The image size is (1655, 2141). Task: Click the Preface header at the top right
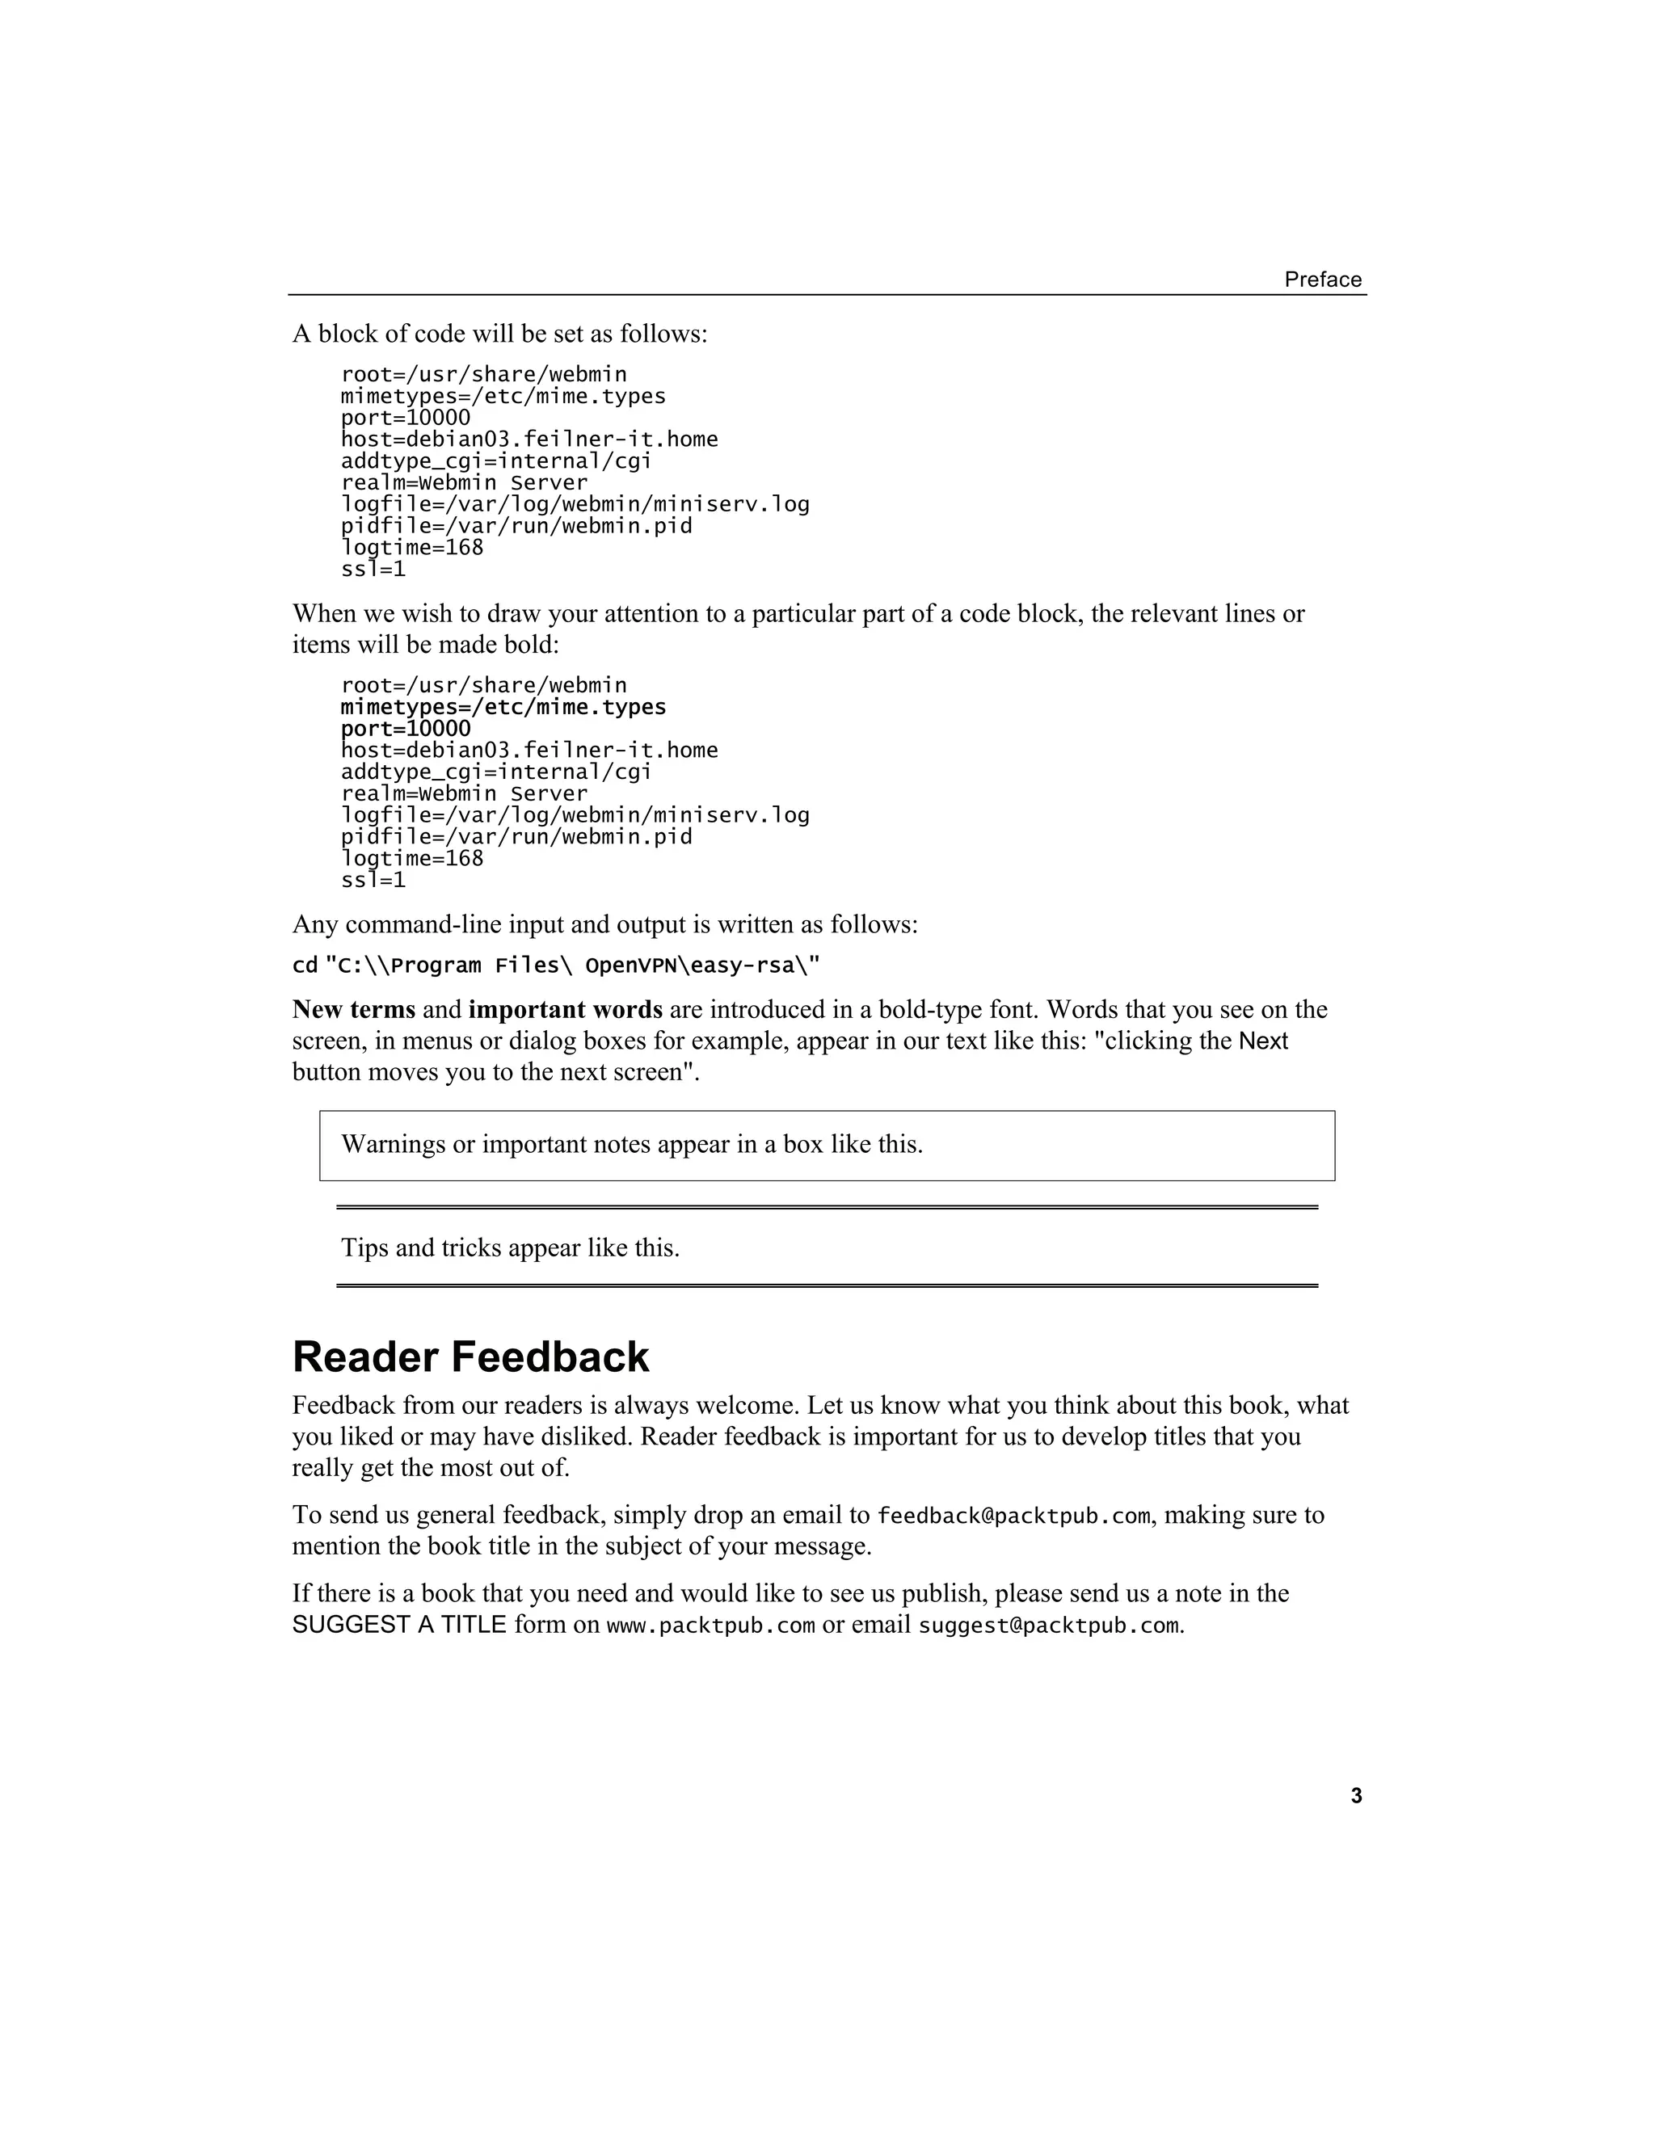click(x=1323, y=280)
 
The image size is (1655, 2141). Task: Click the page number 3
click(x=1356, y=1796)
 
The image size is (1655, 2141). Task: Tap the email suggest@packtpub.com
click(x=1048, y=1626)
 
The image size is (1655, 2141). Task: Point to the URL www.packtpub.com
click(x=711, y=1626)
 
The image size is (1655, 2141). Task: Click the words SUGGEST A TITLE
click(x=399, y=1626)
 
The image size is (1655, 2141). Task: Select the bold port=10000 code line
click(x=406, y=730)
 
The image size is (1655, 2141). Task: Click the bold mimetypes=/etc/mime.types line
click(x=503, y=708)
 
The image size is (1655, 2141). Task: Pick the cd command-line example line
click(x=556, y=966)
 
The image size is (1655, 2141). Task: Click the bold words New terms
click(x=353, y=1010)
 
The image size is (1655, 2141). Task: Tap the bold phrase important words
click(x=565, y=1010)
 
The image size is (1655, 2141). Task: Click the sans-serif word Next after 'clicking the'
click(x=1263, y=1041)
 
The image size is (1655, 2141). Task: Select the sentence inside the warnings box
click(x=631, y=1145)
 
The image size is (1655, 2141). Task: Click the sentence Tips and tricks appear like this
click(x=510, y=1248)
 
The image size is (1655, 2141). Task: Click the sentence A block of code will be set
click(x=499, y=334)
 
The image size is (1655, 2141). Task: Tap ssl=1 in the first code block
click(x=373, y=570)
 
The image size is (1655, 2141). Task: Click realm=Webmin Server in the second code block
click(x=464, y=794)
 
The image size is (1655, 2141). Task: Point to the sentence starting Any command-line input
click(x=605, y=924)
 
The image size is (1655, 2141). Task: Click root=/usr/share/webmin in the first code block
click(x=483, y=376)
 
